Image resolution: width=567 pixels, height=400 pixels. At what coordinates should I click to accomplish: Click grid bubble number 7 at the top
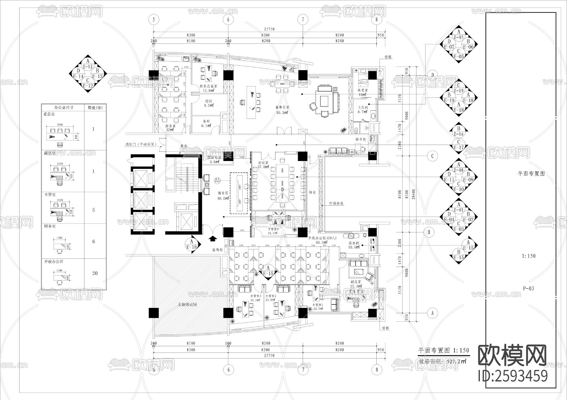tap(303, 19)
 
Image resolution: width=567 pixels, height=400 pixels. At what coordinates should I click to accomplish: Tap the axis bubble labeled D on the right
tap(432, 75)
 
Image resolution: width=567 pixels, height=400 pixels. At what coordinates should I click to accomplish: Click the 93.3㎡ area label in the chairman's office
tap(283, 113)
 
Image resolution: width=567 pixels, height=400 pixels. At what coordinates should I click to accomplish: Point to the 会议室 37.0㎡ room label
tap(263, 165)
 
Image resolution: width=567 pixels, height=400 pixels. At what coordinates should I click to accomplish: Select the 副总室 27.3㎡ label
tap(356, 284)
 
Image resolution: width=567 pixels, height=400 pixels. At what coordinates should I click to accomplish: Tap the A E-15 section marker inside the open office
tap(268, 271)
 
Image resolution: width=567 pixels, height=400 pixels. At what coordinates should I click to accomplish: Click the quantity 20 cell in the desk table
tap(95, 273)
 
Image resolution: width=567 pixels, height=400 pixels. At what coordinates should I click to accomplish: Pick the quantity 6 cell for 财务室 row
tap(94, 242)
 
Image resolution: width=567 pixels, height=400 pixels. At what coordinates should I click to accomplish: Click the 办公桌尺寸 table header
tap(64, 107)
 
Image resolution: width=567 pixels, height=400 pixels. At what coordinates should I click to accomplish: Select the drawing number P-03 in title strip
tap(529, 288)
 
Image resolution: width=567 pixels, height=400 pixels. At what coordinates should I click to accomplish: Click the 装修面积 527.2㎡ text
tap(442, 362)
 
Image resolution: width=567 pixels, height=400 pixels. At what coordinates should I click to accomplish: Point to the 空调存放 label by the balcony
tap(336, 203)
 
